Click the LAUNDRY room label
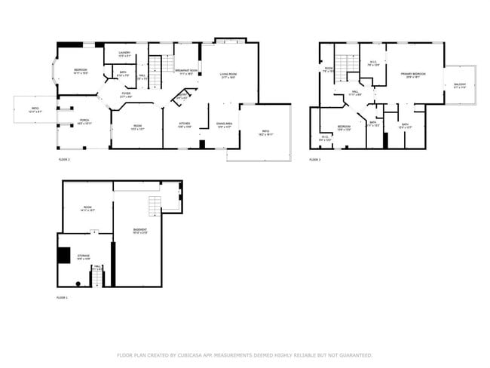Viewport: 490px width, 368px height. (x=124, y=53)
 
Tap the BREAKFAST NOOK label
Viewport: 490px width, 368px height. (x=186, y=71)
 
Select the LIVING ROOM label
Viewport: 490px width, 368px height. (x=228, y=74)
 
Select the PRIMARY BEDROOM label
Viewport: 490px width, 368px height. (x=413, y=74)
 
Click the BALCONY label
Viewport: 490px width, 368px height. (x=460, y=84)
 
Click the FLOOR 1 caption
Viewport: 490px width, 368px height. (x=63, y=299)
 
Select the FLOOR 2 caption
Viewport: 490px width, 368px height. (x=64, y=160)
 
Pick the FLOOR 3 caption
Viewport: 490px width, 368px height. (x=315, y=160)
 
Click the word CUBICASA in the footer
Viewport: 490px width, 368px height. (x=197, y=354)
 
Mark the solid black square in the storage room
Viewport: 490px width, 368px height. (x=64, y=255)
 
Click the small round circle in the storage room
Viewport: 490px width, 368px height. (x=78, y=284)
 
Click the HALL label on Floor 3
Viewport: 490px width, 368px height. (x=355, y=92)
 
